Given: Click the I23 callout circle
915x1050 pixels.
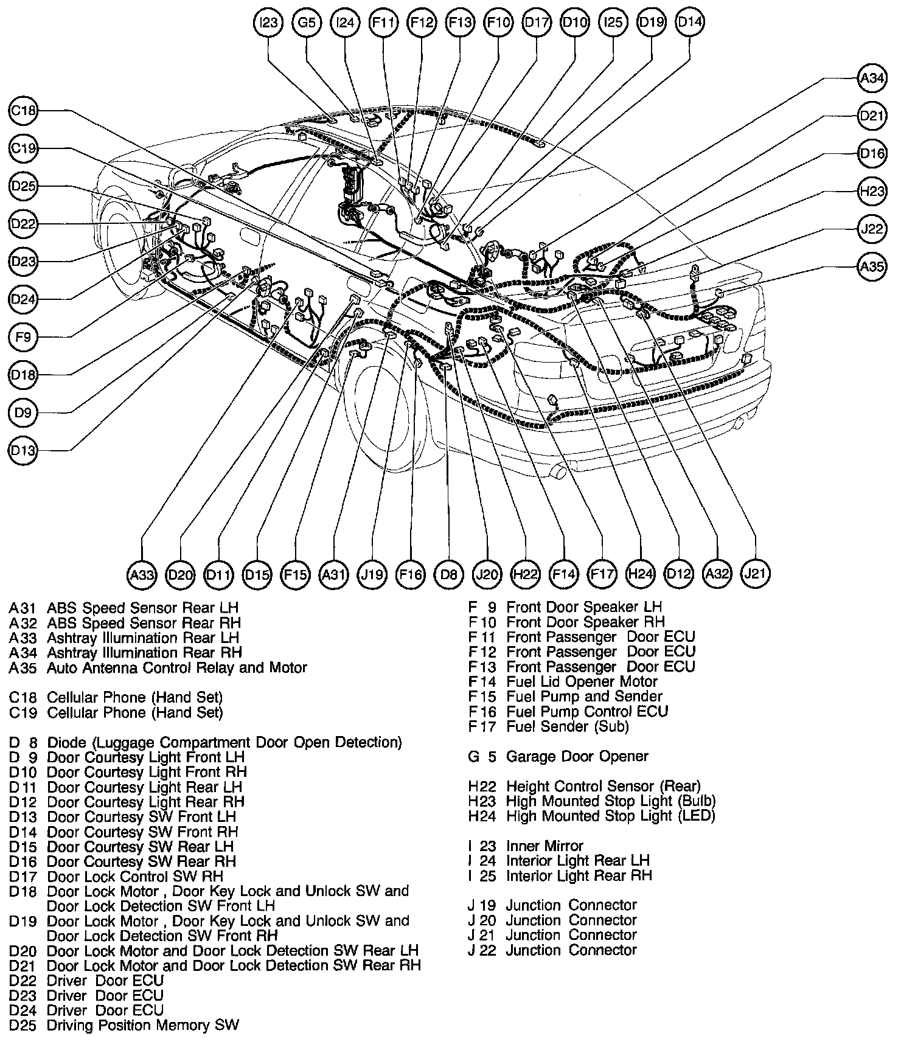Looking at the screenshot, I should coord(268,23).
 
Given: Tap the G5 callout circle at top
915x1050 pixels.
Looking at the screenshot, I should coord(307,23).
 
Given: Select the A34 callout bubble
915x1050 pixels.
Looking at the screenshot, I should coord(872,78).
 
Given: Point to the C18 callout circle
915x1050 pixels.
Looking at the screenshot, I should coord(24,111).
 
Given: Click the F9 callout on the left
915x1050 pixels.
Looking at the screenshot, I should coord(24,337).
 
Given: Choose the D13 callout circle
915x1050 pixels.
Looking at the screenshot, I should coord(24,451).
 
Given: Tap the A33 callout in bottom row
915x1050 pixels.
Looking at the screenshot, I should coord(142,574).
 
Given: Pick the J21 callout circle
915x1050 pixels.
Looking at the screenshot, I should coord(756,573).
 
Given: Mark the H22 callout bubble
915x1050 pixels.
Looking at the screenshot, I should coord(525,574).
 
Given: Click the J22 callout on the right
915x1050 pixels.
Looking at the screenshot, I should coord(872,229).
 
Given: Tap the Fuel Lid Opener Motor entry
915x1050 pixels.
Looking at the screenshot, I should coord(582,682).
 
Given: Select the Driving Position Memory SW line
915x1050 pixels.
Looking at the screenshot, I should coord(143,1025).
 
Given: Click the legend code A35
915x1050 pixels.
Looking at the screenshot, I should coord(23,668).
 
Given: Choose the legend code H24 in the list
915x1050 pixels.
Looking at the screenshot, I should coord(482,816).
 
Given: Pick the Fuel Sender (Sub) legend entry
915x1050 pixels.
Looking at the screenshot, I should coord(567,726).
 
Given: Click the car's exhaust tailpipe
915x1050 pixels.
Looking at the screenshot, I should coord(556,471).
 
